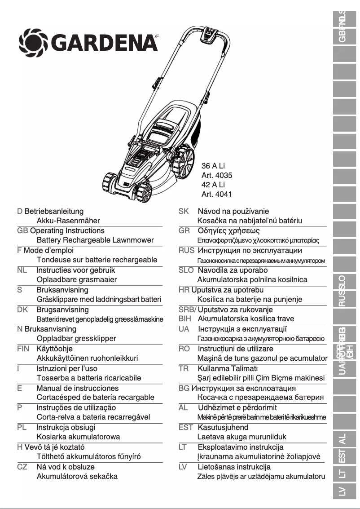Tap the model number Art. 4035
point(217,176)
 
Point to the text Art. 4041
point(217,195)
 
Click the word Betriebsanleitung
point(54,211)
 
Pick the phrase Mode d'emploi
point(48,250)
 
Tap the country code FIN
point(23,349)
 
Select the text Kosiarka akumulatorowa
point(78,437)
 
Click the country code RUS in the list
point(186,250)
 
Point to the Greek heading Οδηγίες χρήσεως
point(229,231)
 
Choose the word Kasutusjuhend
point(223,427)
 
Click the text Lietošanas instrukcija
point(234,467)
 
